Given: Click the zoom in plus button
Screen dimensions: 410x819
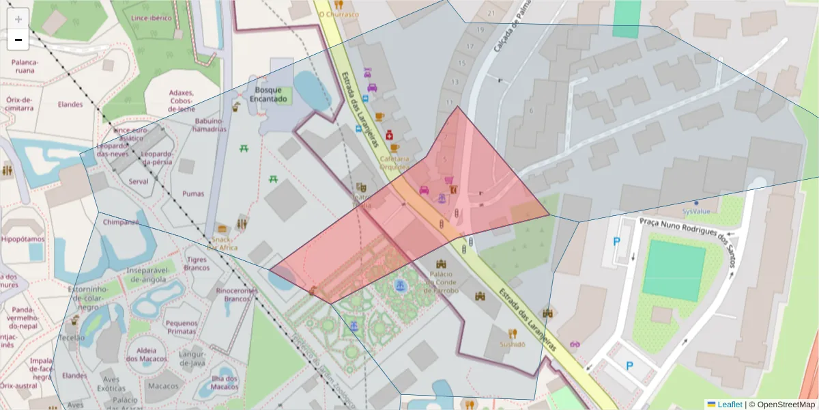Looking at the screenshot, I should tap(18, 18).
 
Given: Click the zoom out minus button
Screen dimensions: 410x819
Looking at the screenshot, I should tap(18, 40).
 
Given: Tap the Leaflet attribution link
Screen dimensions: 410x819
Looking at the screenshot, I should tap(729, 405).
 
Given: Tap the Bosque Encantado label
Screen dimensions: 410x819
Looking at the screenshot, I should tap(268, 94).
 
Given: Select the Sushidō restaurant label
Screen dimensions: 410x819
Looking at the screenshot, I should tap(513, 344).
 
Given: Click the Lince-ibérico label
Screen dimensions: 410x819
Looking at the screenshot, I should tap(152, 18).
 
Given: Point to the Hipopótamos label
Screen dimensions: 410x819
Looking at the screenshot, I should tap(23, 239).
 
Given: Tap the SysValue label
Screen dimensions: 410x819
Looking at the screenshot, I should tap(695, 212).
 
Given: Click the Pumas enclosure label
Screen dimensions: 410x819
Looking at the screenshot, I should tap(193, 193).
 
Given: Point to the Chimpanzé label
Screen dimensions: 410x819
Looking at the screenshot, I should tap(120, 222).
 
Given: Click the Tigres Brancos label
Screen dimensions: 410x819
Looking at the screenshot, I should tap(197, 263).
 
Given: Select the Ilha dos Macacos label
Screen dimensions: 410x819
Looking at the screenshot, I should tap(224, 383).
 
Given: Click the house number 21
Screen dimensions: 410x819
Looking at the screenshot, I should tap(491, 13).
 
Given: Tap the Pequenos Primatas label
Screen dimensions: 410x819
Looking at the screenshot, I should tap(182, 327).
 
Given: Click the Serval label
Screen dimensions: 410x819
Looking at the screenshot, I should tap(139, 182).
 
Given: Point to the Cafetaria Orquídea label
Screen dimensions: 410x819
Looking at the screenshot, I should tap(394, 161).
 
